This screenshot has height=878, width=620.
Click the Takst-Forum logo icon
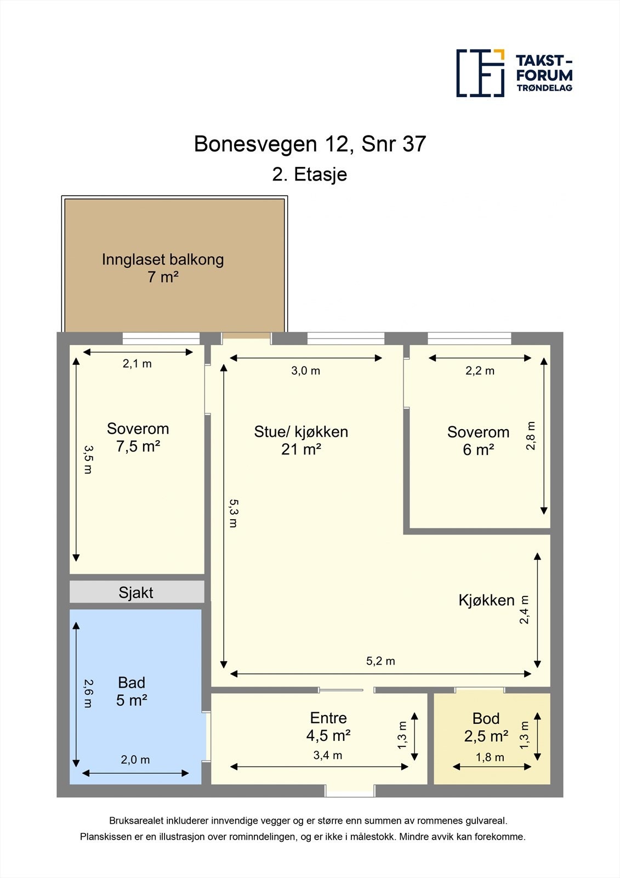click(480, 73)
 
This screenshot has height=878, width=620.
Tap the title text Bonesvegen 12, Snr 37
click(310, 144)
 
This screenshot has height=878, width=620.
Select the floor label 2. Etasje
click(310, 175)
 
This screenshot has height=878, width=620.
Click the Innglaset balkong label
click(163, 268)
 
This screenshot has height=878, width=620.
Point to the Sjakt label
click(136, 593)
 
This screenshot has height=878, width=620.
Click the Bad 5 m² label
click(132, 691)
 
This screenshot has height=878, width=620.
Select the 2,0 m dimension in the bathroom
click(135, 760)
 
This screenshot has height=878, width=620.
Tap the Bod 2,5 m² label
click(486, 727)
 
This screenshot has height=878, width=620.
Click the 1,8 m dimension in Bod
click(490, 757)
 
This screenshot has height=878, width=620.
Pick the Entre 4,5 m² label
click(328, 726)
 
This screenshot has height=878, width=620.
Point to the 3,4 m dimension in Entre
click(328, 756)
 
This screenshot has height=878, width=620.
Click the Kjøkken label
click(486, 600)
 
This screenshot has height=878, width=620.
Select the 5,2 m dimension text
click(380, 661)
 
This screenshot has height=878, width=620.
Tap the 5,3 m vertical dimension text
click(234, 513)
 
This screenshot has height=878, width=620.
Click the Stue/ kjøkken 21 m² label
click(301, 440)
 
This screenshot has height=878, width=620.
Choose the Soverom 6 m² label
click(478, 441)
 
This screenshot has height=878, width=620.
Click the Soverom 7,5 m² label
click(138, 437)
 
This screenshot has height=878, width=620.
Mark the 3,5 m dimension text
click(88, 459)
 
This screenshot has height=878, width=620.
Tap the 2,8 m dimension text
click(531, 436)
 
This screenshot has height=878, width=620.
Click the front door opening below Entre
click(350, 791)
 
